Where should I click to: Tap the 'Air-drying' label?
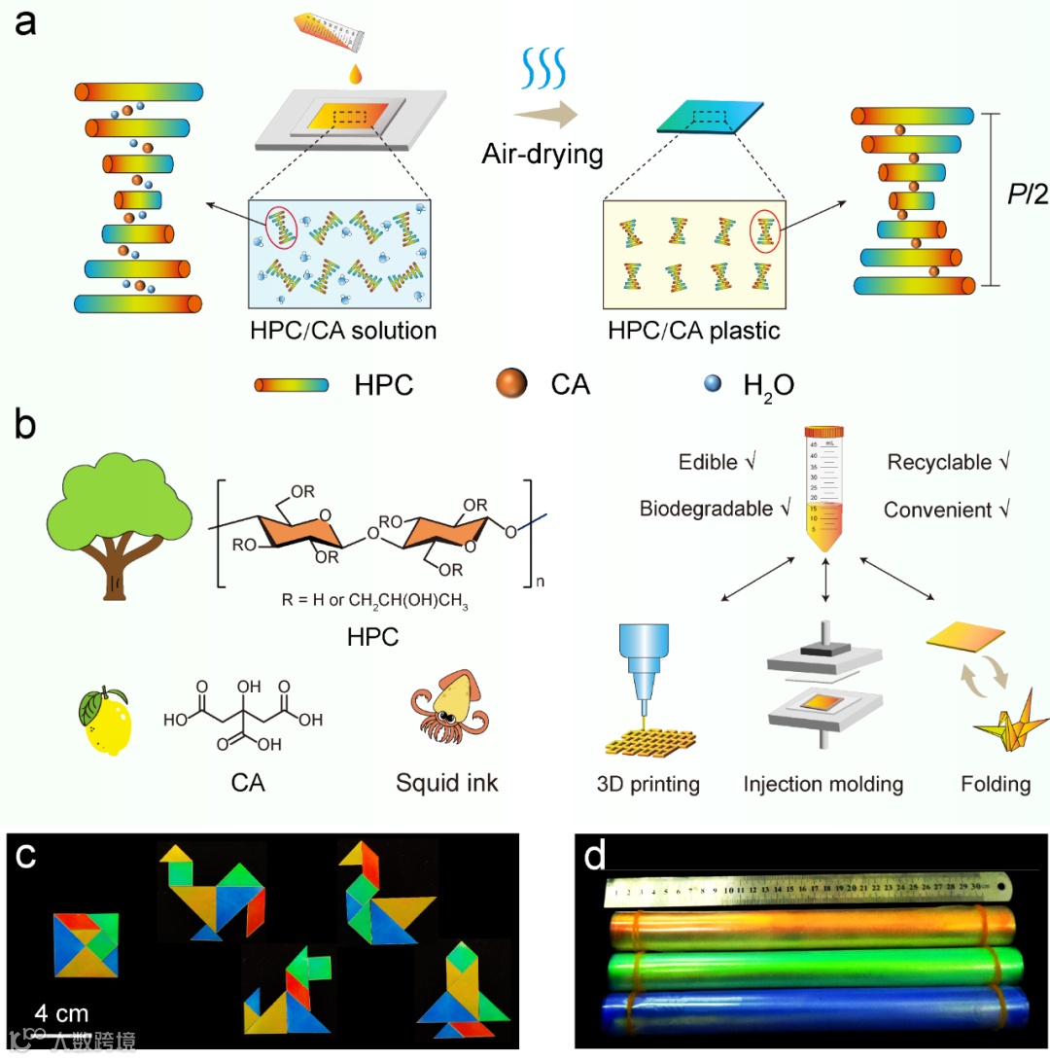point(542,154)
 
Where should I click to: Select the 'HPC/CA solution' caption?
point(342,331)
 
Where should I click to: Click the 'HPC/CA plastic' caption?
point(694,331)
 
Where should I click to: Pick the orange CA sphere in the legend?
point(509,385)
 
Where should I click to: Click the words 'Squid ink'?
point(447,783)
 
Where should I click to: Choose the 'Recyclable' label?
point(939,462)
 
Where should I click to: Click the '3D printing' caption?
point(647,783)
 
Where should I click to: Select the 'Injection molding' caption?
point(823,783)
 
